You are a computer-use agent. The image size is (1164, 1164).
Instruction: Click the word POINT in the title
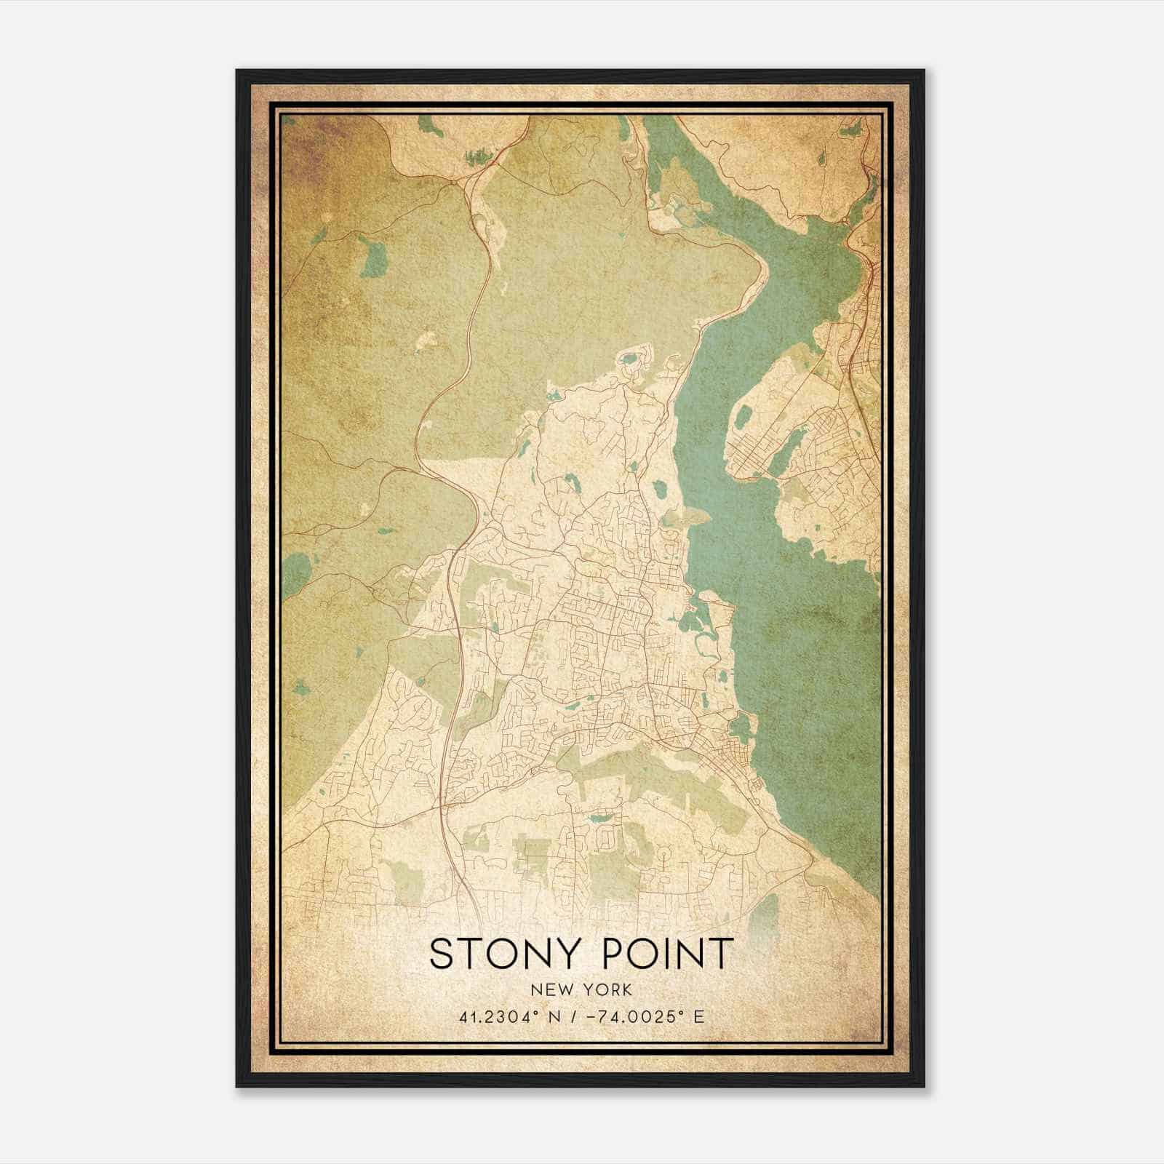tap(669, 953)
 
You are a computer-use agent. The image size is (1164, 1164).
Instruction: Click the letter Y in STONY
tap(571, 953)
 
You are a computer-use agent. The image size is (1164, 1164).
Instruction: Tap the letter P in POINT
tap(613, 953)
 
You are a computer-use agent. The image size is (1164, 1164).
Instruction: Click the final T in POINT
tap(722, 953)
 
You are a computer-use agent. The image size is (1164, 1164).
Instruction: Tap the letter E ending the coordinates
tap(699, 1016)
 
